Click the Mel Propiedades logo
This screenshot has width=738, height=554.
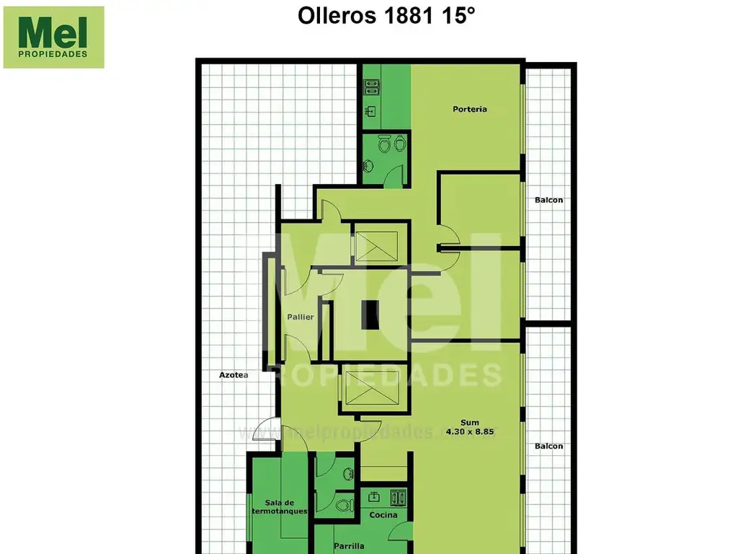click(x=54, y=38)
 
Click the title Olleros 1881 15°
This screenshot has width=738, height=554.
click(x=387, y=17)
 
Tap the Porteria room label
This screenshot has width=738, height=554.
click(x=470, y=110)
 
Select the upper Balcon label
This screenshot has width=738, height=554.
click(x=548, y=200)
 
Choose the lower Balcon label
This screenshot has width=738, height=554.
click(x=548, y=447)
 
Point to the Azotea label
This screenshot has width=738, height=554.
click(x=234, y=375)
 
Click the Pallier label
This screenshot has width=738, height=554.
click(x=300, y=317)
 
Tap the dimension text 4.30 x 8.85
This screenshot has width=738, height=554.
click(x=474, y=431)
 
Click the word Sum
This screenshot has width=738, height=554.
click(x=469, y=423)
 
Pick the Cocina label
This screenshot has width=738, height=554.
click(x=383, y=515)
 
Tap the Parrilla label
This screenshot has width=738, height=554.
click(x=349, y=546)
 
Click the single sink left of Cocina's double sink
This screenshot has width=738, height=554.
click(x=375, y=496)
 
